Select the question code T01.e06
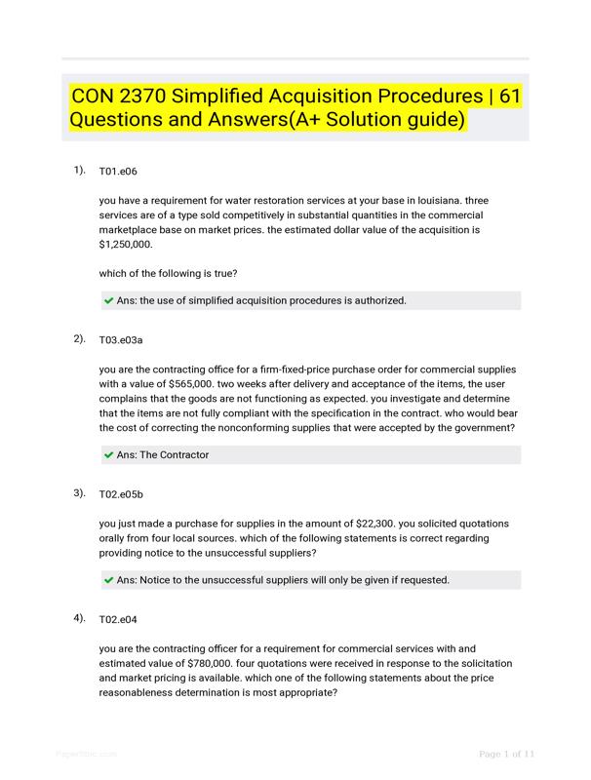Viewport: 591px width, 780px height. pos(118,172)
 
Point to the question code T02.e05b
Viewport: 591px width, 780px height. pos(122,494)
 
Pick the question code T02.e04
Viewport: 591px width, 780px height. pos(118,619)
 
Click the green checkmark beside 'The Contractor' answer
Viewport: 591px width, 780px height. pos(108,455)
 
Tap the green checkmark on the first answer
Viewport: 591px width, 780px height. pos(108,301)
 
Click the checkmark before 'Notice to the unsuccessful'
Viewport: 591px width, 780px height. pos(108,580)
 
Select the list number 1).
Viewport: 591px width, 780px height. pos(80,171)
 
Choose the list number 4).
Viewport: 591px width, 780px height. pos(80,618)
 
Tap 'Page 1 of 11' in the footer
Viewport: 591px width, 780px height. pos(506,753)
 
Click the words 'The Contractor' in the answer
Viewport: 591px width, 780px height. pos(175,455)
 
